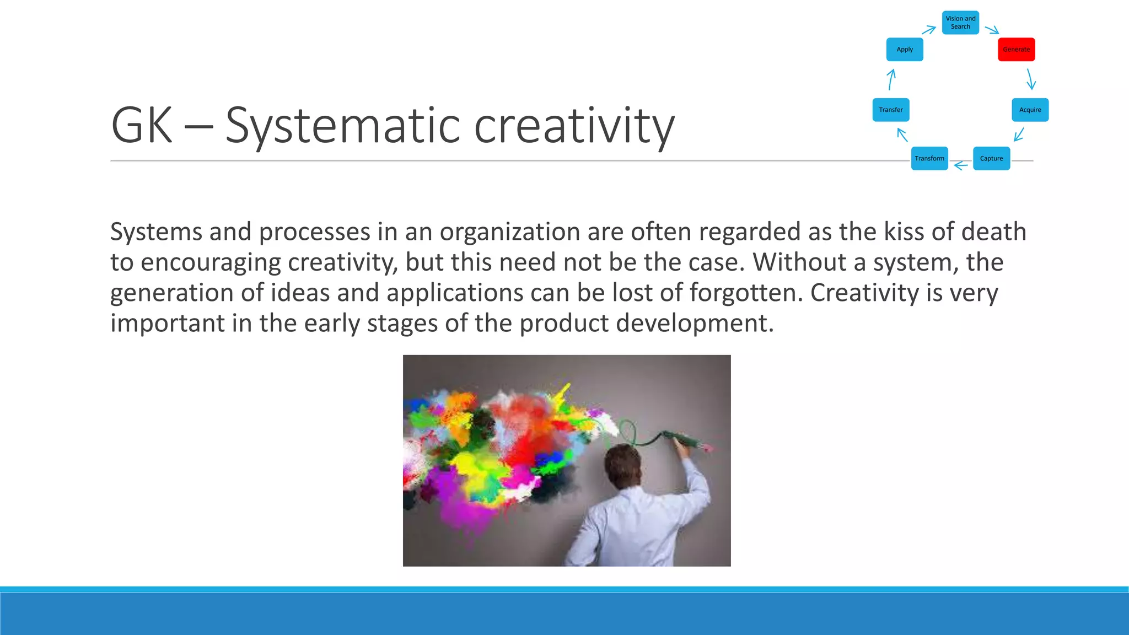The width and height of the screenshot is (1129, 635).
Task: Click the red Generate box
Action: tap(1016, 50)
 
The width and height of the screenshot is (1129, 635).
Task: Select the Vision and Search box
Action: tap(960, 23)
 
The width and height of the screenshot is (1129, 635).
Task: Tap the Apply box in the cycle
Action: tap(905, 50)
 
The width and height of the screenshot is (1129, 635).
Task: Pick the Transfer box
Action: tap(891, 110)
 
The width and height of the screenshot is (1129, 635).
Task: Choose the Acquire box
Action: tap(1030, 110)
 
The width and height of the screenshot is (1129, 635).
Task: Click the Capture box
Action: tap(991, 159)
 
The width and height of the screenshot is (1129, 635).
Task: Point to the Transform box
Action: tap(929, 159)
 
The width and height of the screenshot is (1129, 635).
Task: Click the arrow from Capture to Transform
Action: tap(961, 165)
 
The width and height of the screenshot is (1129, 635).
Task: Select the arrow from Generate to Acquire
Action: tap(1030, 79)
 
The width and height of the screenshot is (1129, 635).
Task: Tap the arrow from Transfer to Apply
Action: tap(891, 79)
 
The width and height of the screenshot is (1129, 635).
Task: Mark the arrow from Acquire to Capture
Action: tap(1019, 134)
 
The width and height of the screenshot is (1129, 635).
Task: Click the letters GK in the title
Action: tap(142, 126)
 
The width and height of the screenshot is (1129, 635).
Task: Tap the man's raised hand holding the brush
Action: tap(683, 449)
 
